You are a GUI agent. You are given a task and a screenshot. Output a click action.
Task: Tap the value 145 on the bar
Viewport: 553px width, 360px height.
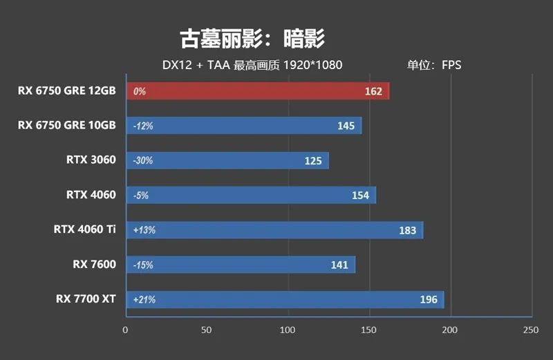(x=346, y=126)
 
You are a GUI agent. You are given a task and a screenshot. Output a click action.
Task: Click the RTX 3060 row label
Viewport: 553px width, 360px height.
(x=91, y=160)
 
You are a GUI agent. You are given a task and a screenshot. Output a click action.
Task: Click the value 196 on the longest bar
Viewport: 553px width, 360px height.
(x=429, y=300)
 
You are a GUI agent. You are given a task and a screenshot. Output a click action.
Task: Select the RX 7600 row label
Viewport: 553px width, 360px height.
(x=94, y=264)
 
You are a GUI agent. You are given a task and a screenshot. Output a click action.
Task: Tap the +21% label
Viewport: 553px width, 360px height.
(x=144, y=300)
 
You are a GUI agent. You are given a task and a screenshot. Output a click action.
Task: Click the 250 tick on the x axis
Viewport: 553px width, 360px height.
(x=531, y=330)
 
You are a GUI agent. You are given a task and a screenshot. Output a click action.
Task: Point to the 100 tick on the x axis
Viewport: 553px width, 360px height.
(x=288, y=330)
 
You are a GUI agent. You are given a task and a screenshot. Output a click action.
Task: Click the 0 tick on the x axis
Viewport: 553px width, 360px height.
(x=125, y=330)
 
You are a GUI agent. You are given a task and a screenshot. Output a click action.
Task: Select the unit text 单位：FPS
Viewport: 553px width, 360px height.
(x=433, y=66)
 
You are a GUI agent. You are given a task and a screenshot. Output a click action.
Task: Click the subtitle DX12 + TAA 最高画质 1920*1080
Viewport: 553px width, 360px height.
(x=252, y=66)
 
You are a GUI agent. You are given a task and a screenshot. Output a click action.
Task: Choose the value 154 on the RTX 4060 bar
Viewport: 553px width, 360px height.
(x=360, y=196)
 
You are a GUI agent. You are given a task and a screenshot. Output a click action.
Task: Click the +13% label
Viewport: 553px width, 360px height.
(x=144, y=230)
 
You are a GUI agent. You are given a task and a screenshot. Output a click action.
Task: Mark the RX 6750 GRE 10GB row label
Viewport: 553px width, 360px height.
(x=67, y=125)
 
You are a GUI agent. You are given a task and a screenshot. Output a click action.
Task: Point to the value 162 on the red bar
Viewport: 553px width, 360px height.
(x=373, y=91)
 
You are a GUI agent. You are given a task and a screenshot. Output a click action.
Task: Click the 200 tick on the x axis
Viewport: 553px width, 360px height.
(x=450, y=330)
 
